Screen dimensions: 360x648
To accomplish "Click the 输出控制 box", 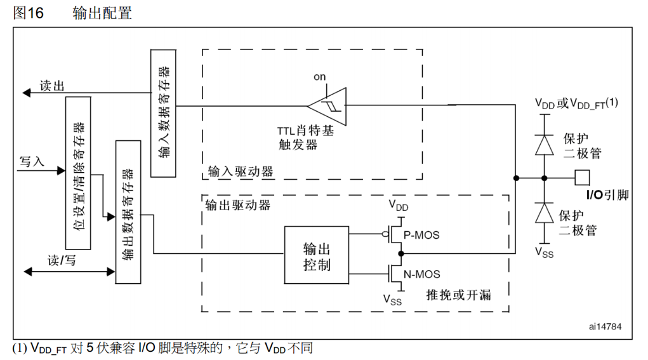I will pyautogui.click(x=316, y=255).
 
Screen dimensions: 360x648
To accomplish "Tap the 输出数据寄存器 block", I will pyautogui.click(x=128, y=211).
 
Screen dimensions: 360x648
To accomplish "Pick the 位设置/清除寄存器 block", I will pyautogui.click(x=78, y=174).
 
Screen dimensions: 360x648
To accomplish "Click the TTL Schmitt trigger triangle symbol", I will pyautogui.click(x=328, y=105).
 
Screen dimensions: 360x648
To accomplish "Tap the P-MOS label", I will pyautogui.click(x=421, y=235).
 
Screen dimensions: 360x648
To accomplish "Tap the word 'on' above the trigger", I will pyautogui.click(x=319, y=77).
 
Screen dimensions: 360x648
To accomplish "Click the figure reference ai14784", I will pyautogui.click(x=606, y=328).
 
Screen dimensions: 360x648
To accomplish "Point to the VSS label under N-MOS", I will pyautogui.click(x=392, y=300).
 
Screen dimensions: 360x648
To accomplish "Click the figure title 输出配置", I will pyautogui.click(x=102, y=13).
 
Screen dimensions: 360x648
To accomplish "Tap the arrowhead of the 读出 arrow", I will pyautogui.click(x=27, y=93).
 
